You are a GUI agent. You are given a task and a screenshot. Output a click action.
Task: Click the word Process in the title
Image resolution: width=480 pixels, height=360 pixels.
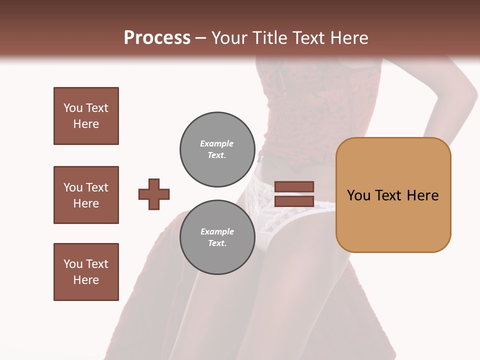pos(157,38)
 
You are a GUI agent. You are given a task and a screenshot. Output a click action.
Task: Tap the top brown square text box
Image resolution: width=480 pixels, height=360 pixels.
pos(86,116)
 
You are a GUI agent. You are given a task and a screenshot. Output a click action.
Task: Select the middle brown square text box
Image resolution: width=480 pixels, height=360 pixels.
pos(86,195)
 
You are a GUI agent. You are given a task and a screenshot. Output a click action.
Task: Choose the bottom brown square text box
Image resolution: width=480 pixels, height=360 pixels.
pos(86,272)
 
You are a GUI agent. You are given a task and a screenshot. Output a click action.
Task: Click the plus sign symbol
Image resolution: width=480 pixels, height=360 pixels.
pos(154,194)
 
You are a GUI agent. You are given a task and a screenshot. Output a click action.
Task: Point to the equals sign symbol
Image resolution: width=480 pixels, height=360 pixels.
pos(294,194)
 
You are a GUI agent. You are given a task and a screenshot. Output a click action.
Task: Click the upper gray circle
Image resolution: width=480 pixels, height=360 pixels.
pos(217,149)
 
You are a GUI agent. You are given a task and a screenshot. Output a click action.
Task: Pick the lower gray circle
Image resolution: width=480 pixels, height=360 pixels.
pos(217,237)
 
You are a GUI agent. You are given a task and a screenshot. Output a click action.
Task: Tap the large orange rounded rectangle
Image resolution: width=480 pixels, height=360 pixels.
pos(393,195)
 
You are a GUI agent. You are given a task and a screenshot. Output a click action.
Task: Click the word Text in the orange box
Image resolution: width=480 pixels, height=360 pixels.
pos(391,195)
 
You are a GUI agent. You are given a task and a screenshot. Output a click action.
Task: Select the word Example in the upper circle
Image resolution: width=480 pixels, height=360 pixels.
pos(217,143)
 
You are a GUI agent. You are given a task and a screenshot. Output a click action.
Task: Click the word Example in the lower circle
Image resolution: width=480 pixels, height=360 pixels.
pos(217,231)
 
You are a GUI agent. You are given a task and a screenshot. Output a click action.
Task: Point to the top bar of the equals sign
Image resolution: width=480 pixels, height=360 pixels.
pos(294,186)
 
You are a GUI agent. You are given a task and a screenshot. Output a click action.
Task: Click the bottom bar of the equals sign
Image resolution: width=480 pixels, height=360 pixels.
pos(294,201)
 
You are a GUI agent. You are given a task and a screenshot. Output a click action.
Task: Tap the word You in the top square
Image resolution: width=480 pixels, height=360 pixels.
pos(72,108)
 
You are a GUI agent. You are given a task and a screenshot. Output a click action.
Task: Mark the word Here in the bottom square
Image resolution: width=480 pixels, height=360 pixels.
pos(86,280)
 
